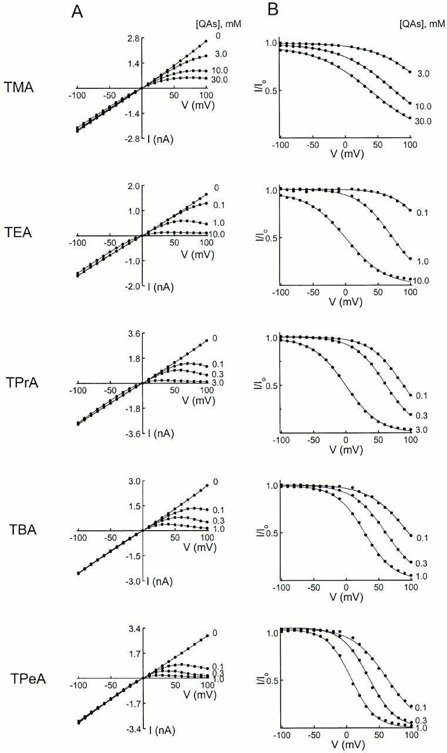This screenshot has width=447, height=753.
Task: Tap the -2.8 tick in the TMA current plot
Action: [x=130, y=139]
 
